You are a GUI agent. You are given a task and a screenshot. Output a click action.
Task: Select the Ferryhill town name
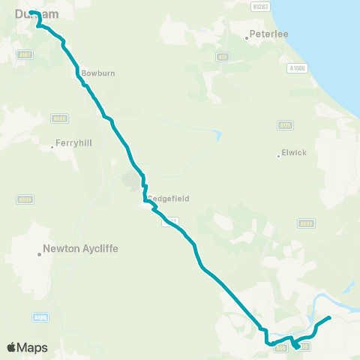pos(73,146)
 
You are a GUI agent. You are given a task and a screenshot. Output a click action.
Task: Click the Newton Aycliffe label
pos(81,247)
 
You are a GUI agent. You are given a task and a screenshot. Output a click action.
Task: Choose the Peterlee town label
pos(268,34)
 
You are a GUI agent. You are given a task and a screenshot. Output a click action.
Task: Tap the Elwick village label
pos(294,152)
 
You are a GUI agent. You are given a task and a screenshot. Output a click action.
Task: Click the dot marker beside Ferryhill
pos(52,147)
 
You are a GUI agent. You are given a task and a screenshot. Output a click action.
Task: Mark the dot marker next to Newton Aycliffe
pos(40,254)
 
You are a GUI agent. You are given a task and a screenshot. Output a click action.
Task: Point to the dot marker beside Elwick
pos(278,156)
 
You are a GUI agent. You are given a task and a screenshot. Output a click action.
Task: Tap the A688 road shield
pos(59,118)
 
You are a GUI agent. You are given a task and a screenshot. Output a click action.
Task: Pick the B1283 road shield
pos(260,6)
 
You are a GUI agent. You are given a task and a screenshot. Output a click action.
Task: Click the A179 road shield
pos(285,124)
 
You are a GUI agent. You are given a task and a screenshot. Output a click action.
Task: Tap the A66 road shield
pos(280,347)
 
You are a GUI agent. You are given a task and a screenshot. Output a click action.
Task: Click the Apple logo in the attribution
pos(11,347)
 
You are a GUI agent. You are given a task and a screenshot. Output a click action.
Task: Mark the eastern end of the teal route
pos(329,319)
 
